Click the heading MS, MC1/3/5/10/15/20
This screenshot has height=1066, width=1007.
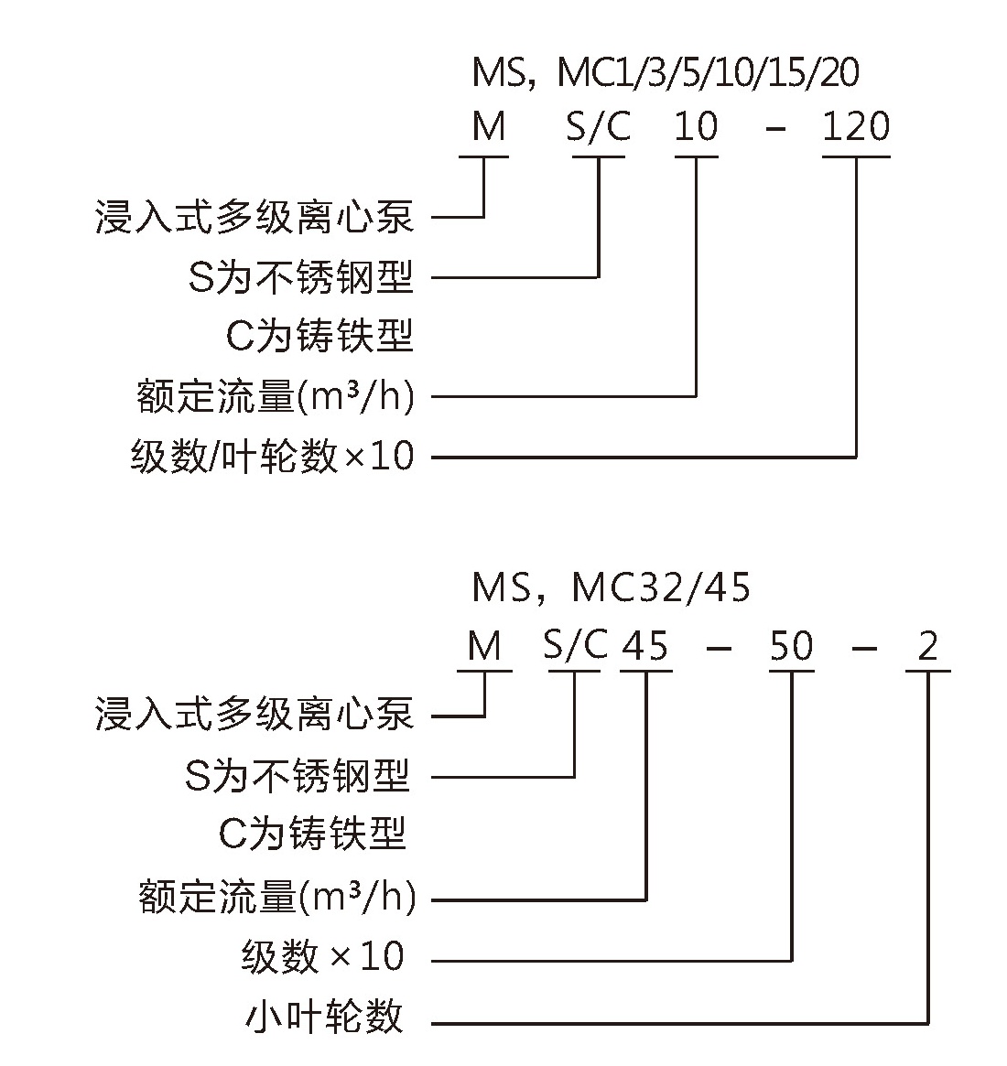point(666,72)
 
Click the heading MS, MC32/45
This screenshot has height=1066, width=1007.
point(611,587)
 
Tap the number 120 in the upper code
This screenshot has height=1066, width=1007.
point(856,126)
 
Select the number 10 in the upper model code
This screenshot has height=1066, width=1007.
point(697,126)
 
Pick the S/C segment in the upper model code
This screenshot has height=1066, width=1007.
point(599,127)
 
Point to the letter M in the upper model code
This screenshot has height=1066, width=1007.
point(489,126)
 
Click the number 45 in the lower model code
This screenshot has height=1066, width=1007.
point(645,645)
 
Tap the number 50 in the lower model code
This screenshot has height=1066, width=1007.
point(792,645)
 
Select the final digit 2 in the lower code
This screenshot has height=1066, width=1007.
point(927,645)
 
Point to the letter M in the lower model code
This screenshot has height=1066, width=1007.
point(485,645)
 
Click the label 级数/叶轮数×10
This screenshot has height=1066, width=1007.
point(273,456)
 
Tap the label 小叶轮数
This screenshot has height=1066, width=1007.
point(324,1018)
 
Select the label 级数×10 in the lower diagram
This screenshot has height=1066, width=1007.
point(323,956)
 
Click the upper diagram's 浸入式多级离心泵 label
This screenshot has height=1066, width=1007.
point(254,218)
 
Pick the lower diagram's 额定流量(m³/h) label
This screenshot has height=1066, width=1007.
point(276,897)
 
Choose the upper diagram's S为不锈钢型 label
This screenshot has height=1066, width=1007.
point(300,276)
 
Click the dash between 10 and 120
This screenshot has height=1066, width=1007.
point(775,128)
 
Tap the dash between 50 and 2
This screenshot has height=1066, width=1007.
point(865,648)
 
